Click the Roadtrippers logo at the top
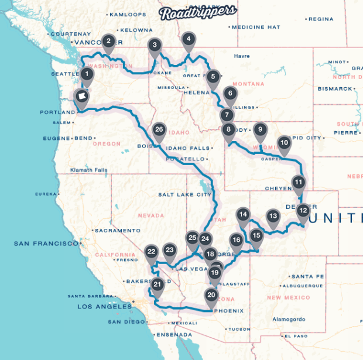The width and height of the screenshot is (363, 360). [x=198, y=11]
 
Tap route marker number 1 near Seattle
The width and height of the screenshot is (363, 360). [x=87, y=74]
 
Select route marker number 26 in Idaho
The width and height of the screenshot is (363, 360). [x=159, y=130]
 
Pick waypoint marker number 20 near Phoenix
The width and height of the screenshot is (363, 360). [x=211, y=296]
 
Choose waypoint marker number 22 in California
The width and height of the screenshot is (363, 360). [x=151, y=252]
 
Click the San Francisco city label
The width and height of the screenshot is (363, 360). [x=46, y=243]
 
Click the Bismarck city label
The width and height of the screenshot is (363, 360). [x=334, y=89]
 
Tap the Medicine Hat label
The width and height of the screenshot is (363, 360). [x=256, y=27]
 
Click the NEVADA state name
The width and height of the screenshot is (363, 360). [x=152, y=215]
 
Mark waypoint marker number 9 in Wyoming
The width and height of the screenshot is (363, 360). [x=261, y=131]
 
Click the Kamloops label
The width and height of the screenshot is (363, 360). [x=127, y=14]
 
